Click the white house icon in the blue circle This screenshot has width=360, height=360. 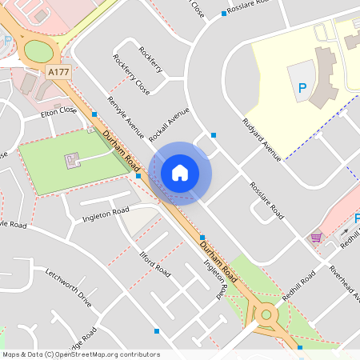click(x=180, y=173)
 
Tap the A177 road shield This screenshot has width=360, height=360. click(x=59, y=72)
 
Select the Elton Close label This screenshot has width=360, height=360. click(x=59, y=114)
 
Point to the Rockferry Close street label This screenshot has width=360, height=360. click(x=131, y=75)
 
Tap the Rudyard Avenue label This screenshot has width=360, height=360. click(x=261, y=140)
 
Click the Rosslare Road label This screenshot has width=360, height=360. click(x=266, y=199)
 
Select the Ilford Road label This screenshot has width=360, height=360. click(x=155, y=263)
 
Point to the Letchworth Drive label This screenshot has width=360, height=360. click(x=69, y=288)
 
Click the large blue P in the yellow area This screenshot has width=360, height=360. click(x=302, y=89)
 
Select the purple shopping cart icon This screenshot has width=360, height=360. click(x=316, y=237)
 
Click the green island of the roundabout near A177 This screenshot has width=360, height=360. click(x=38, y=51)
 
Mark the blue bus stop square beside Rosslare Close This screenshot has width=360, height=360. click(x=224, y=14)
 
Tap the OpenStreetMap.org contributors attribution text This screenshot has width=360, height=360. click(x=108, y=354)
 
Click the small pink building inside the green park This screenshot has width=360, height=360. click(x=72, y=160)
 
